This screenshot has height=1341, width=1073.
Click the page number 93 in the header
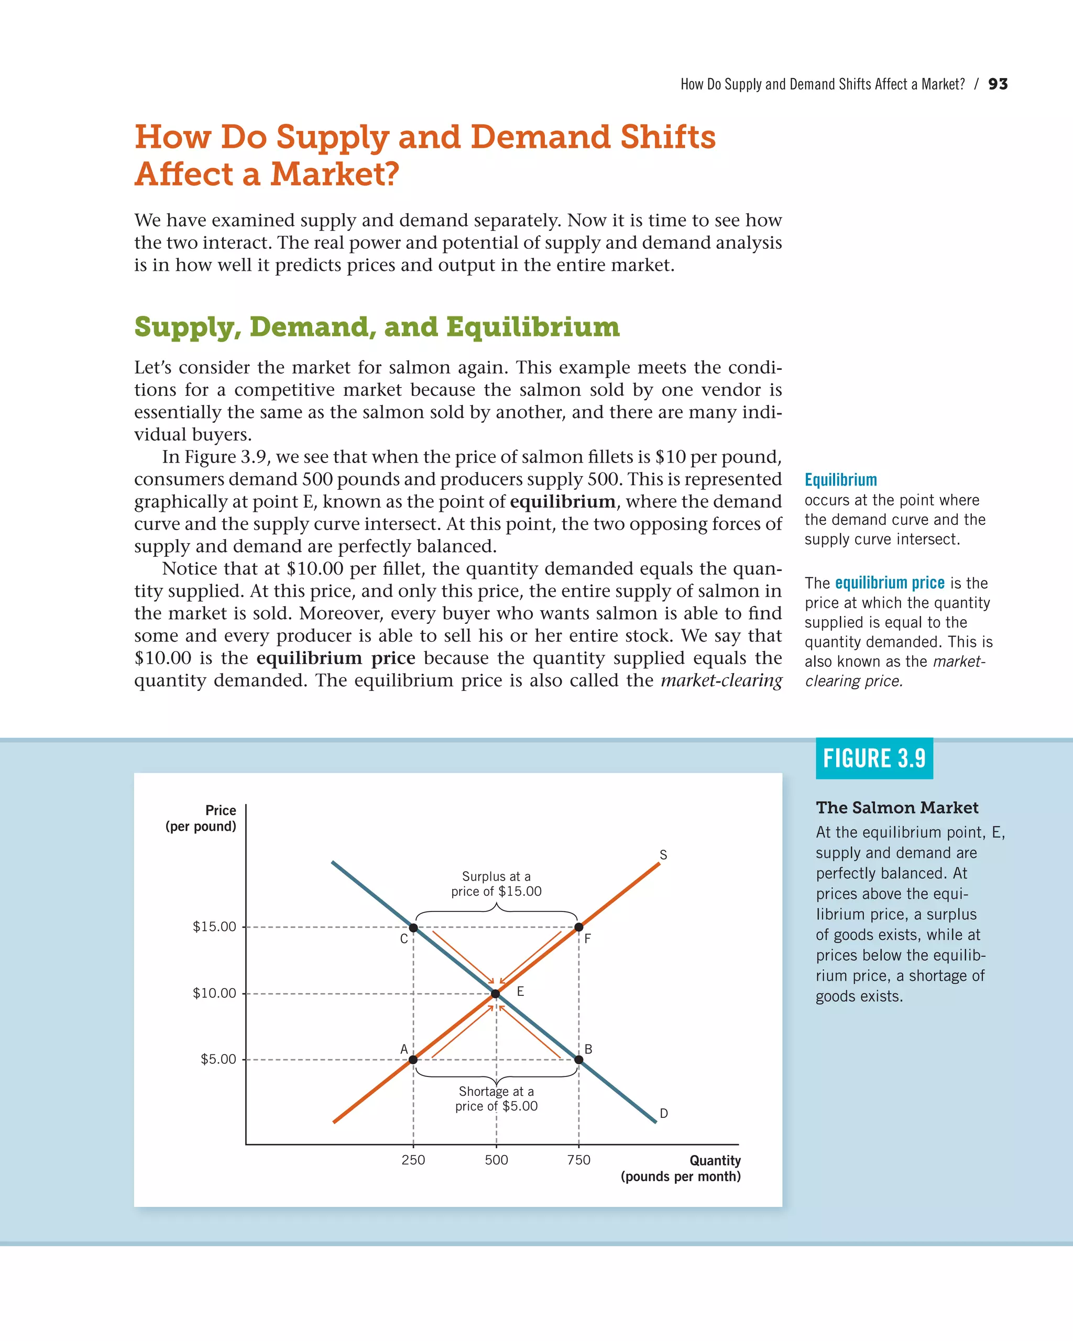(x=998, y=84)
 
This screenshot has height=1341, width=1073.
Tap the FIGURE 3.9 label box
(x=874, y=758)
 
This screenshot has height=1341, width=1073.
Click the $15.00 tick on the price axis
(x=215, y=927)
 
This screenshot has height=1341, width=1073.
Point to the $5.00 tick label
(x=218, y=1059)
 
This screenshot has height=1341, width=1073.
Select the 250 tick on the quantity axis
(x=413, y=1160)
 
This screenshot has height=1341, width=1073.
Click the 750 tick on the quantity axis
(x=578, y=1160)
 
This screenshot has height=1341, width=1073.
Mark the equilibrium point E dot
(x=496, y=993)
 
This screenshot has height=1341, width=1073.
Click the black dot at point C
(x=413, y=927)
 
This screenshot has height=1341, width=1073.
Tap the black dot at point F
(x=578, y=927)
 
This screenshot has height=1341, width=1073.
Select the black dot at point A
(x=413, y=1059)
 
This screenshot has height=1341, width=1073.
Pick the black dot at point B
(x=578, y=1059)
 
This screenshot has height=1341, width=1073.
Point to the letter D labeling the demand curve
(x=664, y=1113)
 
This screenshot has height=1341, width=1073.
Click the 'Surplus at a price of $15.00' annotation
(x=496, y=884)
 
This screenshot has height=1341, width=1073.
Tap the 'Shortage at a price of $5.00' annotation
(x=496, y=1098)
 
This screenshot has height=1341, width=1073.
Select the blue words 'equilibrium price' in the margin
(x=890, y=583)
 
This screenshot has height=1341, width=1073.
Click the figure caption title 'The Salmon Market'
(x=897, y=807)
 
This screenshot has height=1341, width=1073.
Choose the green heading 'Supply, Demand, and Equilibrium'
(x=377, y=327)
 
